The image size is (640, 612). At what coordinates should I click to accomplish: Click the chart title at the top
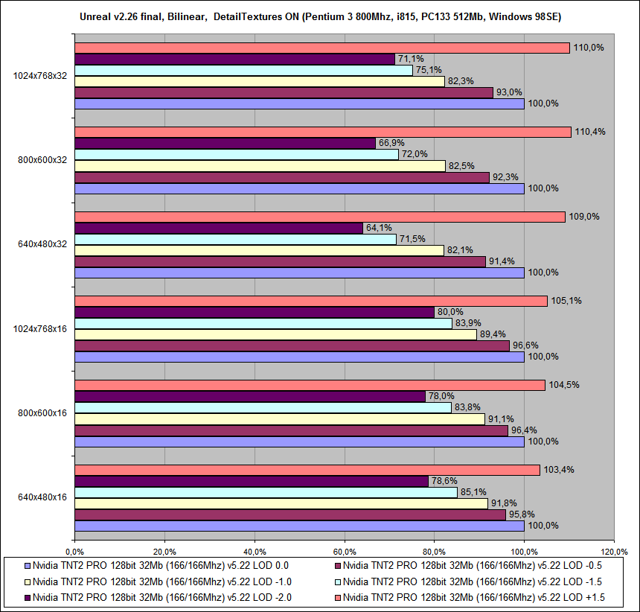[x=321, y=16]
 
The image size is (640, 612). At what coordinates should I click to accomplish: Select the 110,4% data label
[x=587, y=132]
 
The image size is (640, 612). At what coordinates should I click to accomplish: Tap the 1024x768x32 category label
[x=45, y=75]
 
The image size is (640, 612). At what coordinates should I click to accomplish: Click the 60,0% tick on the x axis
[x=344, y=552]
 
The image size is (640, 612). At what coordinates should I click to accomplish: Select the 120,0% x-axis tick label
[x=614, y=552]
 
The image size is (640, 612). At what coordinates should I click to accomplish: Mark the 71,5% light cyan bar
[x=235, y=239]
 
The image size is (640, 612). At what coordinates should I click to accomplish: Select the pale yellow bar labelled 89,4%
[x=275, y=334]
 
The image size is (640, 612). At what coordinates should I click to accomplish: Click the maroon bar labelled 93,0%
[x=284, y=92]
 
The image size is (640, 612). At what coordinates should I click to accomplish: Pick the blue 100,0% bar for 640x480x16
[x=299, y=526]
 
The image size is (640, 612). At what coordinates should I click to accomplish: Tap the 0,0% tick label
[x=74, y=552]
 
